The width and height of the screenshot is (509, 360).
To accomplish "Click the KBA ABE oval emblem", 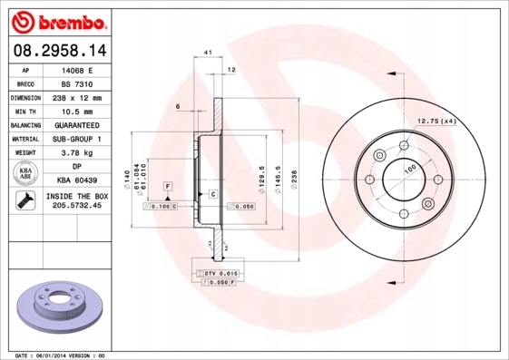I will click(x=25, y=173).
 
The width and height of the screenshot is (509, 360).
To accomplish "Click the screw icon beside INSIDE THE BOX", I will click(x=24, y=200).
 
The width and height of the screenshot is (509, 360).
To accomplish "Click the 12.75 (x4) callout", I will click(x=436, y=122).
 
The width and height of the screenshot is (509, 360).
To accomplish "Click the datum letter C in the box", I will click(x=213, y=195).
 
